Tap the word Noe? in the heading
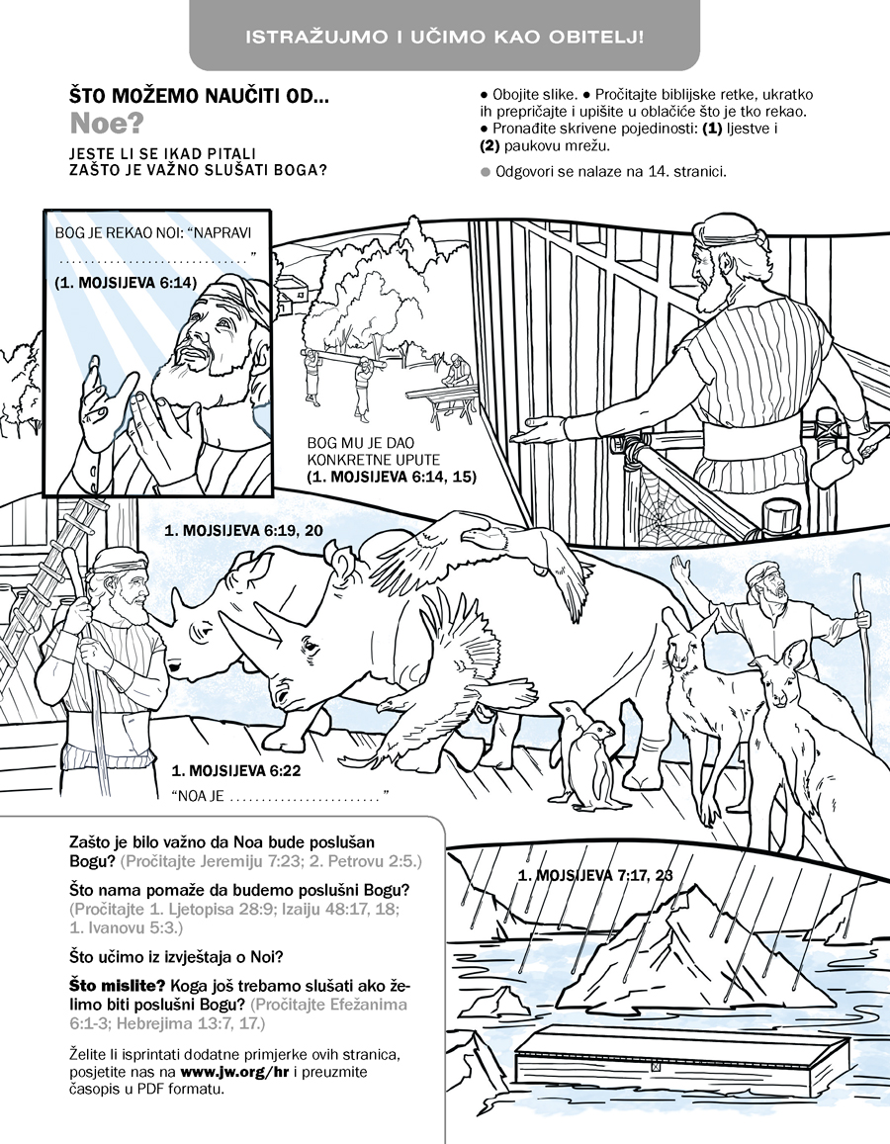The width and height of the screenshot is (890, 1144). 106,125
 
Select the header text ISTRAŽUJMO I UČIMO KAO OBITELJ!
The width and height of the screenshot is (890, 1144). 444,37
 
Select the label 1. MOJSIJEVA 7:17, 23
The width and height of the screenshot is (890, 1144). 595,875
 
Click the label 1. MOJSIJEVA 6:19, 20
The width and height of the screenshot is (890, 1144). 243,530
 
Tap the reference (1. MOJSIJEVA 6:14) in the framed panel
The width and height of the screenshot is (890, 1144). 126,283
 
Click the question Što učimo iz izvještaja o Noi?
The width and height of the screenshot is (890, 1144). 177,956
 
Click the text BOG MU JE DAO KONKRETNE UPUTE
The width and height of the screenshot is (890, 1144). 374,452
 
